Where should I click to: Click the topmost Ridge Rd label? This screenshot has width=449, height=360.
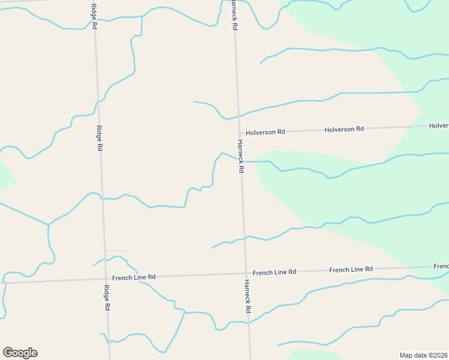pos(94,16)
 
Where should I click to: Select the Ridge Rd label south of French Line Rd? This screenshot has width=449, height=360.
pos(106,298)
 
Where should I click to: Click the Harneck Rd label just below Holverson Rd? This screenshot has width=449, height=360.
pos(240,157)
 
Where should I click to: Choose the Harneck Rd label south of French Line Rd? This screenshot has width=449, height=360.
pos(247,296)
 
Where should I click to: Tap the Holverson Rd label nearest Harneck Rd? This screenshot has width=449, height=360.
pos(265,131)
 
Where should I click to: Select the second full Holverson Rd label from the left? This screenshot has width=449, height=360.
pos(344,129)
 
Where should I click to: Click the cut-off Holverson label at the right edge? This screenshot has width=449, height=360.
pos(439,125)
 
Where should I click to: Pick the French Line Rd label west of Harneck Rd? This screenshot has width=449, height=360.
pos(134,277)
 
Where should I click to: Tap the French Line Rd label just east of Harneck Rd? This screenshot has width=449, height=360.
pos(274,272)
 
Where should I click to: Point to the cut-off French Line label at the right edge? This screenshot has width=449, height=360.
pos(441,266)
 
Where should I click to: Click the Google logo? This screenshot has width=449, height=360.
pos(20,353)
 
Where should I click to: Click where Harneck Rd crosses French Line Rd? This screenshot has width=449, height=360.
pos(246,274)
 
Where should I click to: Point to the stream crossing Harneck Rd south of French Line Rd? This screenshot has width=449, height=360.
pos(249,323)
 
